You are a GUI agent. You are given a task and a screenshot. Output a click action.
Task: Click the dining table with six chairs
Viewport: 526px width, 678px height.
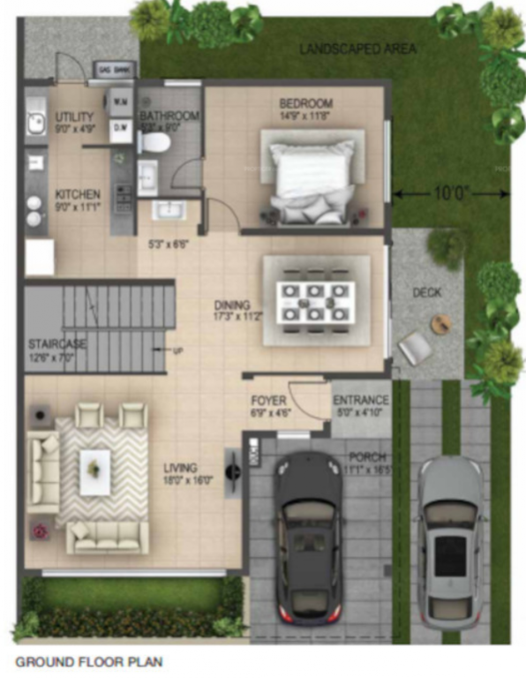(316, 302)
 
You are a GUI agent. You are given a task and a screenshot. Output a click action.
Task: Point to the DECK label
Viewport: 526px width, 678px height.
(426, 291)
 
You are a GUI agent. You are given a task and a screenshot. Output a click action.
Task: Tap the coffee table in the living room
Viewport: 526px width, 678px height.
(94, 471)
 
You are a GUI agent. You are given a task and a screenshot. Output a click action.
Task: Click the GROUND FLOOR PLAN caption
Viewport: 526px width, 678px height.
(88, 660)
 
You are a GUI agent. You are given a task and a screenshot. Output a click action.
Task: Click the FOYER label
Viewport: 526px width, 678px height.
(268, 401)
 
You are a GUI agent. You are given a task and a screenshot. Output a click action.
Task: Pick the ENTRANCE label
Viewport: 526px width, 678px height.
(361, 401)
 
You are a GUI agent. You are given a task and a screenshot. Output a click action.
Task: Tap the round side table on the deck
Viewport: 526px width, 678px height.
(441, 323)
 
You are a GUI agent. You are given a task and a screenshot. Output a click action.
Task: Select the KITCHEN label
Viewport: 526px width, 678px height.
(78, 194)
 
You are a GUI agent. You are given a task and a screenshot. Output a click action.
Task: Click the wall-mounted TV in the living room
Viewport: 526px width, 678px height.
(233, 471)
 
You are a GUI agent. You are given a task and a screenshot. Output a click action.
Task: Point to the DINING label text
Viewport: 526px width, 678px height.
(232, 305)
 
